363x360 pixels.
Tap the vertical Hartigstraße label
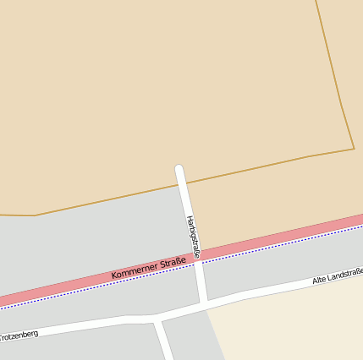193,237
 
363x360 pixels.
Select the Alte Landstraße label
338,275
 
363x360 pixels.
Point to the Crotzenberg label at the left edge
19,336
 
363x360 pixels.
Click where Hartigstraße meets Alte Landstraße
204,302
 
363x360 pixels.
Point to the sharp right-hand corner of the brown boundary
353,149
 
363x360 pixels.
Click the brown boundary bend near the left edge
35,215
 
